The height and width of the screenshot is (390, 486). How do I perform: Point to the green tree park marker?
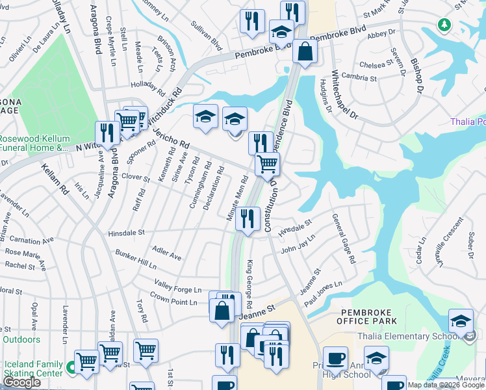[x=444, y=25]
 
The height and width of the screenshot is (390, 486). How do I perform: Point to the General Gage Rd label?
[x=344, y=238]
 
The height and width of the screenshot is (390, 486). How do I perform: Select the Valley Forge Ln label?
[x=177, y=287]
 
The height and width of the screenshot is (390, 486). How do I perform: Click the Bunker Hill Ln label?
[x=136, y=263]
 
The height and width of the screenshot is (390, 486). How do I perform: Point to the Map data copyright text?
[x=445, y=385]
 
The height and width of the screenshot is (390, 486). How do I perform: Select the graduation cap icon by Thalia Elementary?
[x=461, y=322]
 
